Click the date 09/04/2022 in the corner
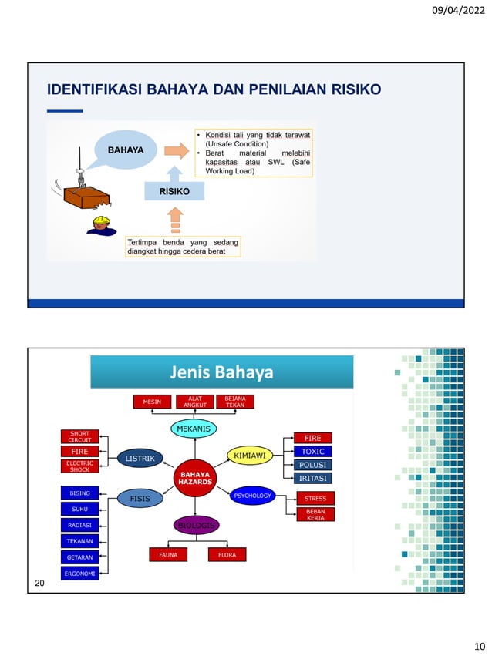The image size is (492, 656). coord(459,12)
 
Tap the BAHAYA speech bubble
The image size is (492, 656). coord(125,150)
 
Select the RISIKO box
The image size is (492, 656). coord(174,189)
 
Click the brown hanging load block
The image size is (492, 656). coord(86,197)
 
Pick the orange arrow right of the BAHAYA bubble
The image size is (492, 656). coord(177,150)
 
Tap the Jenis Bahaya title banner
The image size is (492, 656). coord(222,373)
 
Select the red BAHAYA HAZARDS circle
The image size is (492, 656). coord(195,478)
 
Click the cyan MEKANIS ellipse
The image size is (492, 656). coord(194,429)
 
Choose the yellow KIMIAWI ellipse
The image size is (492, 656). coord(250,456)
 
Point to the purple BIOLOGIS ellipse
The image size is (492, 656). coord(195,526)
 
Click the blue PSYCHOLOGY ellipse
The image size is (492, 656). coord(252,496)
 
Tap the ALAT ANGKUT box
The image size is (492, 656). coord(194,402)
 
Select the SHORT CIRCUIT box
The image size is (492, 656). coord(79,437)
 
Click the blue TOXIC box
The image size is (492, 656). coord(312,452)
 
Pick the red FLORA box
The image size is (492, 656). coord(227,554)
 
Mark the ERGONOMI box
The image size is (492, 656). coord(79,573)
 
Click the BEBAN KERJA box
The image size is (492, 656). coord(315,514)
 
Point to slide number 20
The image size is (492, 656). coord(40,584)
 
